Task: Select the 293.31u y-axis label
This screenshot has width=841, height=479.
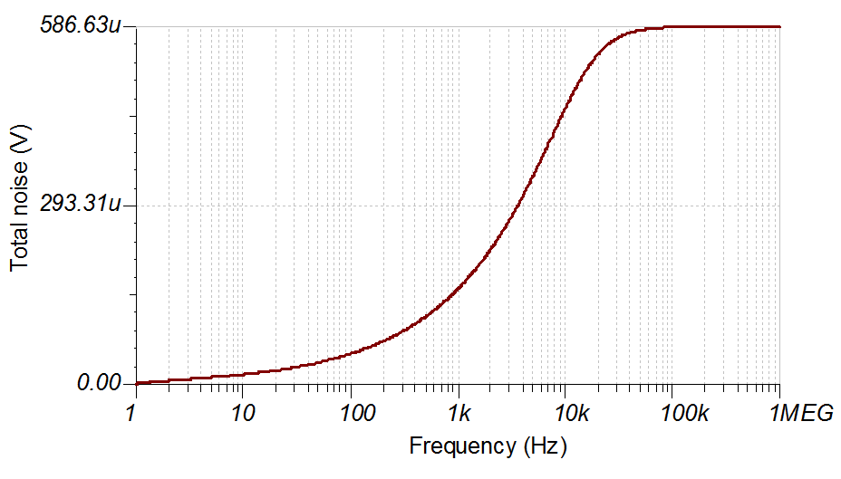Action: (80, 204)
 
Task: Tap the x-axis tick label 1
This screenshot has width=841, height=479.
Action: (136, 413)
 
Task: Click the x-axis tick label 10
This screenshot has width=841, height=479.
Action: (242, 413)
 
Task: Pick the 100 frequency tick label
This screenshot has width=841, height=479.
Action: (350, 413)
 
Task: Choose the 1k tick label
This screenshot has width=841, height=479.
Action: (459, 413)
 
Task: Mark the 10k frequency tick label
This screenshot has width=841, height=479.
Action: (565, 413)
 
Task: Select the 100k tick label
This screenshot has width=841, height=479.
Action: (672, 413)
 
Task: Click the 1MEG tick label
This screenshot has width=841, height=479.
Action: (801, 413)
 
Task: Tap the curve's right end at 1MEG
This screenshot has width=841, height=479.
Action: (779, 26)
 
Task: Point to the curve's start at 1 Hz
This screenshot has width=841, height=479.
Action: (137, 382)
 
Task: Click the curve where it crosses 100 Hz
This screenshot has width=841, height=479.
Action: (351, 354)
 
